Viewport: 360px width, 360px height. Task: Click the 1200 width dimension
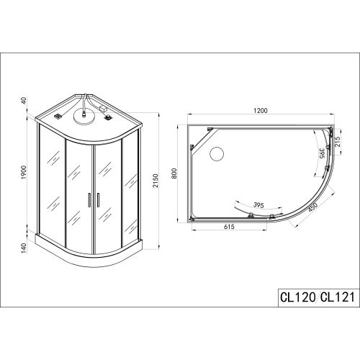point(261,111)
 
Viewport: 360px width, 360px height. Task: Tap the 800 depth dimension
point(174,174)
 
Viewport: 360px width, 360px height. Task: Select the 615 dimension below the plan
point(229,226)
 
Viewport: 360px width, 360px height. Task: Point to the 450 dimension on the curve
point(312,207)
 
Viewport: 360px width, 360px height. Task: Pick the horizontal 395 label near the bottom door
point(258,205)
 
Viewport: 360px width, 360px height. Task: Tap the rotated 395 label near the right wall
point(323,153)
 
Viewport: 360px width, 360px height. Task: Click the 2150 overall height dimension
point(156,181)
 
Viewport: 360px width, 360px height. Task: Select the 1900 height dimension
point(24,172)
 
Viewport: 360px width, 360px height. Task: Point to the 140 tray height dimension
point(24,248)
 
